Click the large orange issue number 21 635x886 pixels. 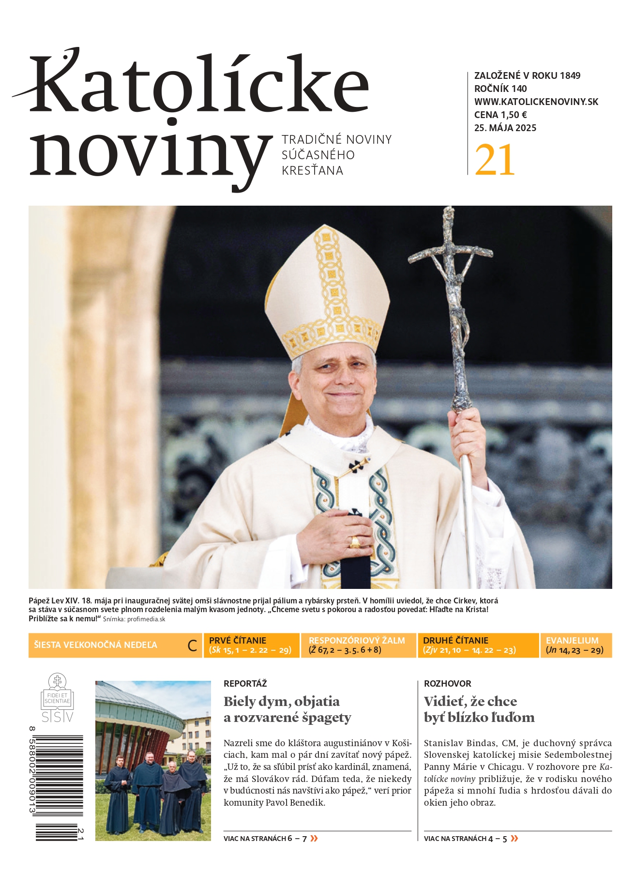click(495, 160)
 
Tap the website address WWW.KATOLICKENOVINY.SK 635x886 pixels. click(536, 102)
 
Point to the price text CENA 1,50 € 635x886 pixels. click(500, 115)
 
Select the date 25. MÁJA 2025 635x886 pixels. click(505, 128)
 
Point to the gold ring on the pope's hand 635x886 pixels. click(355, 542)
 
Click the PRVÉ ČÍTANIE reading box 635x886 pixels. click(251, 645)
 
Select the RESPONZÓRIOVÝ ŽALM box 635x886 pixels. click(358, 645)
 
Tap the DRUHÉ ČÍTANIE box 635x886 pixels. click(478, 645)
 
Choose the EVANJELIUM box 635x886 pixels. click(575, 645)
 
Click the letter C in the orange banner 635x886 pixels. click(192, 646)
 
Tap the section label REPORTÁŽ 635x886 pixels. click(245, 684)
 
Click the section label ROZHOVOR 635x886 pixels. click(447, 684)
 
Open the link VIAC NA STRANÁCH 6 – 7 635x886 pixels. click(271, 839)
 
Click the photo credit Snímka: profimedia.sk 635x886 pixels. click(134, 619)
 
